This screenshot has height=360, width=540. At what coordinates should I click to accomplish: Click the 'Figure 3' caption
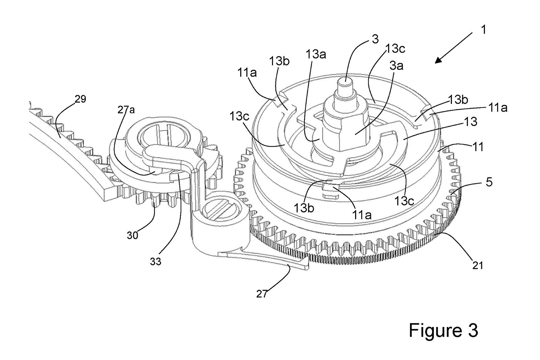click(x=443, y=330)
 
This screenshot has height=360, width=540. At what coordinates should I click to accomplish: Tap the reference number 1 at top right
click(x=483, y=30)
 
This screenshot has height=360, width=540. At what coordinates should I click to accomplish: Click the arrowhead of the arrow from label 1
click(x=439, y=59)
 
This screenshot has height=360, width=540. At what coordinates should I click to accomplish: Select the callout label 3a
click(x=397, y=65)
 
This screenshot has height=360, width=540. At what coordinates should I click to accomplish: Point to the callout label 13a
click(x=316, y=54)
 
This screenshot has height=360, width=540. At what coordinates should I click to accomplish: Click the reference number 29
click(x=80, y=99)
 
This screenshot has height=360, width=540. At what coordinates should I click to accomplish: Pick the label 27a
click(x=126, y=110)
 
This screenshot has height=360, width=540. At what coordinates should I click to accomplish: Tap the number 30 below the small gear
click(x=133, y=235)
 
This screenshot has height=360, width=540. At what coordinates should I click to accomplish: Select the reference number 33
click(x=156, y=261)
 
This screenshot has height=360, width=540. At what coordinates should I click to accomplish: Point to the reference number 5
click(x=489, y=182)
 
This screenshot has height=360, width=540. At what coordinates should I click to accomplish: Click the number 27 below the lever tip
click(x=262, y=294)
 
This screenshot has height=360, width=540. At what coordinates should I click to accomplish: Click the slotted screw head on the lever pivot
click(x=221, y=209)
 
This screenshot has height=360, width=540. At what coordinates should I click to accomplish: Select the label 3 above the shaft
click(x=375, y=39)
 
